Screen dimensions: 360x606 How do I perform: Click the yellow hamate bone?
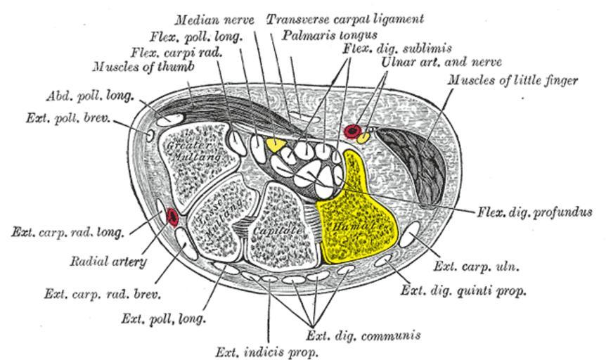click(x=355, y=218)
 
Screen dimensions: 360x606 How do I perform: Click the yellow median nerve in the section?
click(x=275, y=145)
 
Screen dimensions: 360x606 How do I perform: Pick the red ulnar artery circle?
click(x=352, y=130)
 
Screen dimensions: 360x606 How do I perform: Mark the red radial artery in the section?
click(x=172, y=218)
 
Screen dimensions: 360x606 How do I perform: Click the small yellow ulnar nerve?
click(x=363, y=138)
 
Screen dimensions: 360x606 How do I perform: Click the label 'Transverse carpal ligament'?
click(x=344, y=18)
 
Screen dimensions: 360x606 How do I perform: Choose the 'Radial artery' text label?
click(x=108, y=262)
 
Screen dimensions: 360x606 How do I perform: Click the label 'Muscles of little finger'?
click(x=512, y=80)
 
